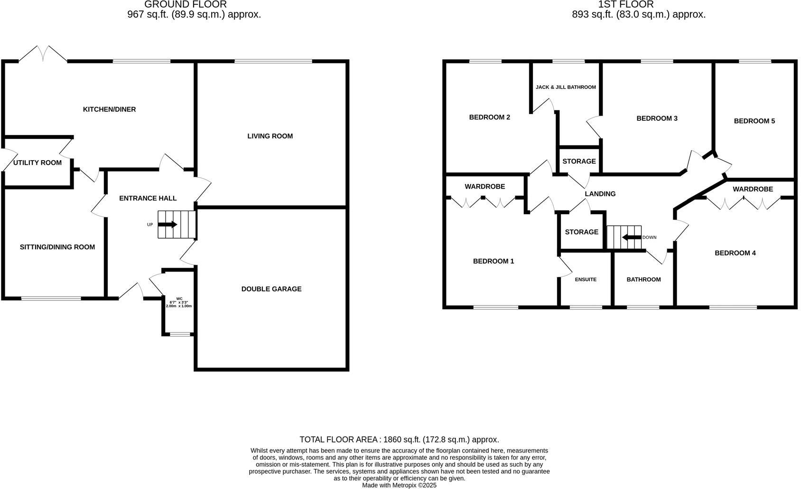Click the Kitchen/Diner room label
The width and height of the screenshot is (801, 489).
(109, 109)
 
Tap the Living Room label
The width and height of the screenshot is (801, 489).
(270, 136)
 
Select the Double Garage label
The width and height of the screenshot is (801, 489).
(271, 289)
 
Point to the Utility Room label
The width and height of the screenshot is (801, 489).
(37, 163)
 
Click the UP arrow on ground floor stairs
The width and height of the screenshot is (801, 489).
(167, 225)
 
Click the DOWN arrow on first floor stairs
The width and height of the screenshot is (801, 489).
(632, 237)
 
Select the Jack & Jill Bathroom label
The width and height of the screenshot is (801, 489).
(566, 87)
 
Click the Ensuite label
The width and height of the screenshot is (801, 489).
(586, 280)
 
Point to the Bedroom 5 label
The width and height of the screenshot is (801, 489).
(754, 121)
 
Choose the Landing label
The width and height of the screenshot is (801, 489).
(600, 194)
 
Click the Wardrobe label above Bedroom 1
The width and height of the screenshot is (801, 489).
(484, 187)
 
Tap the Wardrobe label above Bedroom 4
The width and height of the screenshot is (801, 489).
(753, 189)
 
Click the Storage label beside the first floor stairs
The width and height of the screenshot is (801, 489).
(581, 232)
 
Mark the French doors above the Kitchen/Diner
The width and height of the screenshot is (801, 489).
(43, 54)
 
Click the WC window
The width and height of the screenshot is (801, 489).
(179, 335)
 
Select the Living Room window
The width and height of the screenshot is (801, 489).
(273, 61)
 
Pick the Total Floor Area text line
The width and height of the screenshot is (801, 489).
(399, 440)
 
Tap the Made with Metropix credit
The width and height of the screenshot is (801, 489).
(399, 485)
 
